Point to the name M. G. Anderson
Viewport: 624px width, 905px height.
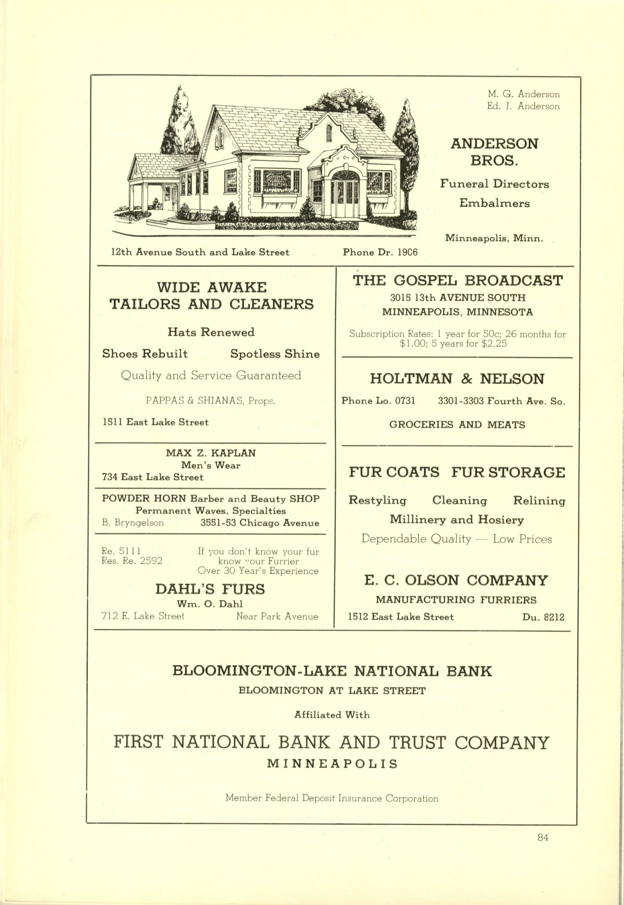523,94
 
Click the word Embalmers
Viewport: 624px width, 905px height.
494,203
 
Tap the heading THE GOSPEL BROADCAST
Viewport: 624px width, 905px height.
457,281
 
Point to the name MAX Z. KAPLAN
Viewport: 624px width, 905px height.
211,453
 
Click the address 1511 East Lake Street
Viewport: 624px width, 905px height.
156,422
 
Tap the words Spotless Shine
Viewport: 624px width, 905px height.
275,354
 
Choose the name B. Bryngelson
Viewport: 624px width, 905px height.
133,523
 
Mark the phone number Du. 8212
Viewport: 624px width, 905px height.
543,617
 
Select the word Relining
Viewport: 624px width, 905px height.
539,501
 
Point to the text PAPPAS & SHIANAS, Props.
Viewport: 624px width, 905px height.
211,400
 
